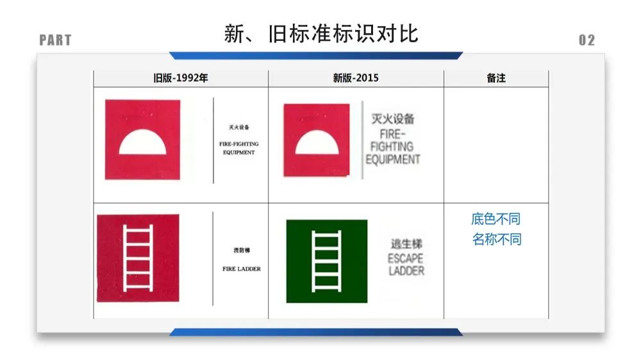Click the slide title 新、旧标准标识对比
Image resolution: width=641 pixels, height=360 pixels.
321,33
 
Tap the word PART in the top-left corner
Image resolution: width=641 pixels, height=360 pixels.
55,40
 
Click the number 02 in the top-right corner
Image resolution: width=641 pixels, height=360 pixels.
587,40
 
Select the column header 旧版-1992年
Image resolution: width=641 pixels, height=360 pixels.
180,78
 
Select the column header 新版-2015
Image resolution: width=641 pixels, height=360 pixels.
356,78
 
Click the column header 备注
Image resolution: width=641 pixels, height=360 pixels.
496,78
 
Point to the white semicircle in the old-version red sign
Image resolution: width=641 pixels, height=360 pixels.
142,143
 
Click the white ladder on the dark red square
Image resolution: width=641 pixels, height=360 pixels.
138,258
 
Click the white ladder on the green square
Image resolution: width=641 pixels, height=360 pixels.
326,261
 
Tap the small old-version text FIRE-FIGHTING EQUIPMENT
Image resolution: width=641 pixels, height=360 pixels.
238,149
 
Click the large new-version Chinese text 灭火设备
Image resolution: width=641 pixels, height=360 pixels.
393,119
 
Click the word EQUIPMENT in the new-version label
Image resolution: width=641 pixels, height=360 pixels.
393,160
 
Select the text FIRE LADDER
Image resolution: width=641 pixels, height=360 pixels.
242,269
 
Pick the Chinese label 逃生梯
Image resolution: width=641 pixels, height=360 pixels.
406,244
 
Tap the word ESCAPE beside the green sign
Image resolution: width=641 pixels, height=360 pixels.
406,259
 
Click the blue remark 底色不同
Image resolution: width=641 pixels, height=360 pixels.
496,219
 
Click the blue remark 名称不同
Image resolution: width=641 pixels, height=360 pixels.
496,240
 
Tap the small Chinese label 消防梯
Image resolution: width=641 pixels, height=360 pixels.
242,250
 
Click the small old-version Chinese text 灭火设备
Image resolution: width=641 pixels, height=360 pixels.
238,127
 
